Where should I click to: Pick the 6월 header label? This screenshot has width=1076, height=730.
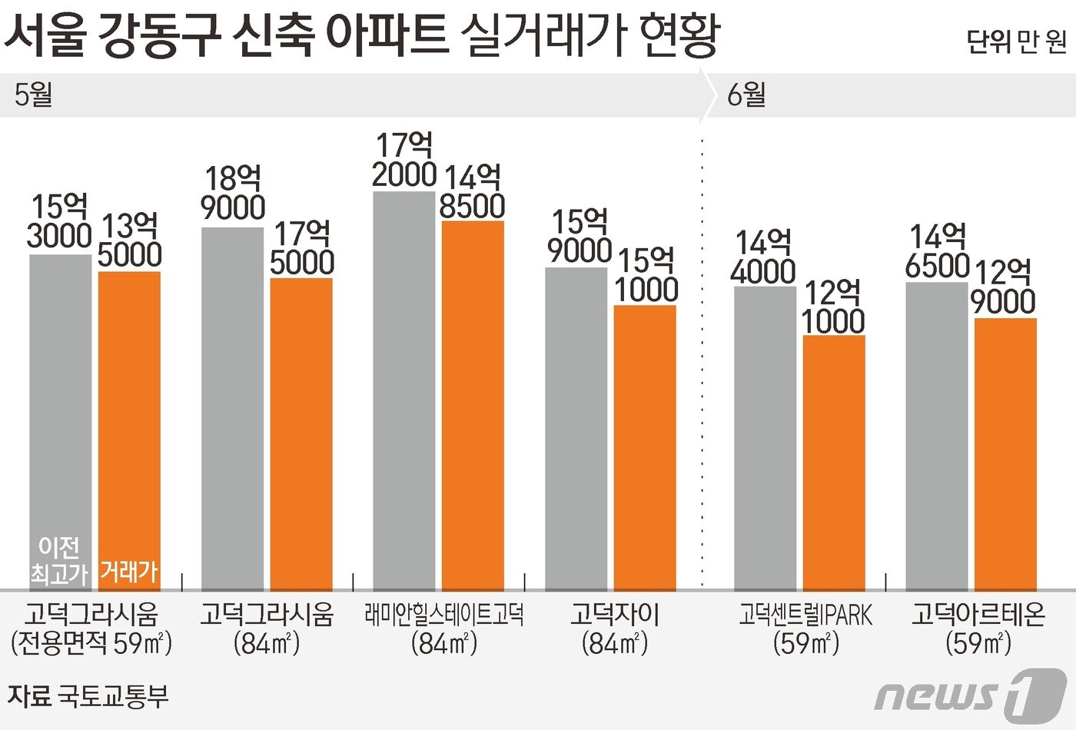tap(746, 95)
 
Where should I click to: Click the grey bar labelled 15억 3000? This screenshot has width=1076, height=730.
tap(61, 400)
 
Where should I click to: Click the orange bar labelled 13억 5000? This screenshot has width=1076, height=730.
tap(129, 415)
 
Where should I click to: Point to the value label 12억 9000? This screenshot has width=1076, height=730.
tap(1004, 287)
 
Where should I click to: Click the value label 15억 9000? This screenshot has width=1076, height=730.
tap(580, 236)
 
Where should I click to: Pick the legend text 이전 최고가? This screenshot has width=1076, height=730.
tap(59, 559)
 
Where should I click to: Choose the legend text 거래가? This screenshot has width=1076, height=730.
tap(129, 571)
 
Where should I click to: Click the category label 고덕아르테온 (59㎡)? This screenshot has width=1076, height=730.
tap(978, 629)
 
